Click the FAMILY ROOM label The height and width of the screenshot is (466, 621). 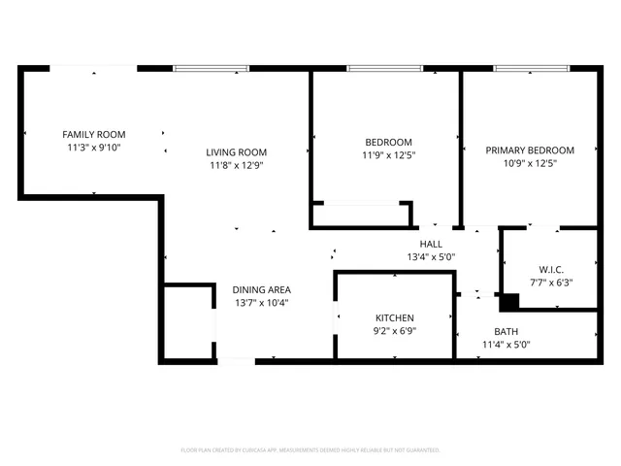click(x=94, y=134)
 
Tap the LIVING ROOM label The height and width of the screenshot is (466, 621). click(x=236, y=152)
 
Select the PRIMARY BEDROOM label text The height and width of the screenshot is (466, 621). click(x=530, y=150)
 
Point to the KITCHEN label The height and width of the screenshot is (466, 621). click(x=395, y=318)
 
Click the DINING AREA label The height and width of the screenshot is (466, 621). click(x=261, y=289)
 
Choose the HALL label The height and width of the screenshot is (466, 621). click(x=431, y=244)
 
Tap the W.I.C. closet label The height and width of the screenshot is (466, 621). click(x=551, y=269)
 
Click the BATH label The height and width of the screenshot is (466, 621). click(x=506, y=331)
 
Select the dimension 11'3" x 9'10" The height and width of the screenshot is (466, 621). click(x=94, y=148)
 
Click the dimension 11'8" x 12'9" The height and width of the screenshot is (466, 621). click(x=236, y=166)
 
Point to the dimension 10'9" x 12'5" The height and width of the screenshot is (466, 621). click(x=530, y=164)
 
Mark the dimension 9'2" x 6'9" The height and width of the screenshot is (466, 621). click(x=395, y=332)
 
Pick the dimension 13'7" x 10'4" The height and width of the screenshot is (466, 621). click(x=261, y=303)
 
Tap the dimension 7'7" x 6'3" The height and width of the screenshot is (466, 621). click(x=551, y=283)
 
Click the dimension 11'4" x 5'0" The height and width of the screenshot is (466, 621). click(x=506, y=345)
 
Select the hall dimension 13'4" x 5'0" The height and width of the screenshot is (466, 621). click(x=431, y=257)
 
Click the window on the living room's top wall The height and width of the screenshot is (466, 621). click(x=212, y=68)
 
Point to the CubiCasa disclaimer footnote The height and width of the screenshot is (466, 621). click(x=310, y=450)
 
